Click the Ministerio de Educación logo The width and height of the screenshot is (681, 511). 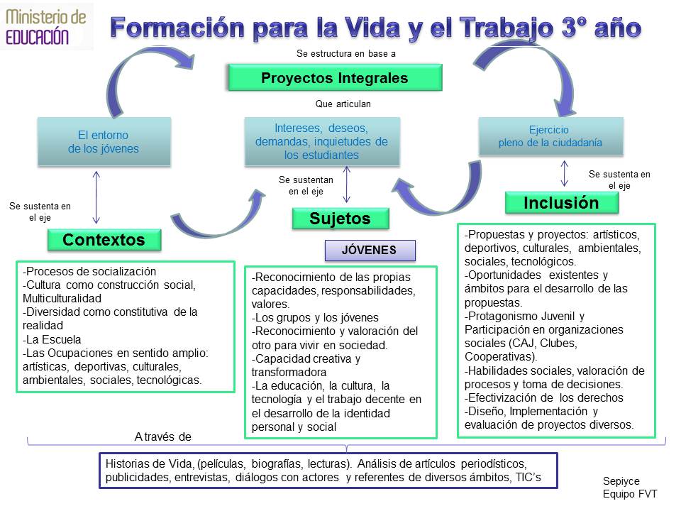46,27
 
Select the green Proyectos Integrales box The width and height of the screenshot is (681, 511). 335,78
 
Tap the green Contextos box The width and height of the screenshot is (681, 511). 104,240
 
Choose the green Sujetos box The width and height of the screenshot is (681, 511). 340,219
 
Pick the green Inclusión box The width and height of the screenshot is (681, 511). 562,203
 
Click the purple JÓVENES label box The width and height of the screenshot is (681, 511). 370,251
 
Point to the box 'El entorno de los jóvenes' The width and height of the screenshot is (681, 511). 104,142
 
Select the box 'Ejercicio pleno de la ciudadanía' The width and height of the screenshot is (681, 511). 550,136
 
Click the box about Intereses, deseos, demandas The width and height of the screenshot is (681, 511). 322,142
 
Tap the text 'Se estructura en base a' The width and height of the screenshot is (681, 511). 346,53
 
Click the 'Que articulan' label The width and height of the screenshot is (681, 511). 343,104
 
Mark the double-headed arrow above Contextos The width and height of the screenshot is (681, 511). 96,197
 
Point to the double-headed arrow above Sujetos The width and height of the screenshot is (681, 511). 347,185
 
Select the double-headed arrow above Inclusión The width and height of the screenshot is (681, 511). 564,173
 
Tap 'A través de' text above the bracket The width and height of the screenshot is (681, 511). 163,436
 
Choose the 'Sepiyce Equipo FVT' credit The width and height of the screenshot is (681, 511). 630,487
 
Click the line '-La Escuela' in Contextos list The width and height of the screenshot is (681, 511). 52,339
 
